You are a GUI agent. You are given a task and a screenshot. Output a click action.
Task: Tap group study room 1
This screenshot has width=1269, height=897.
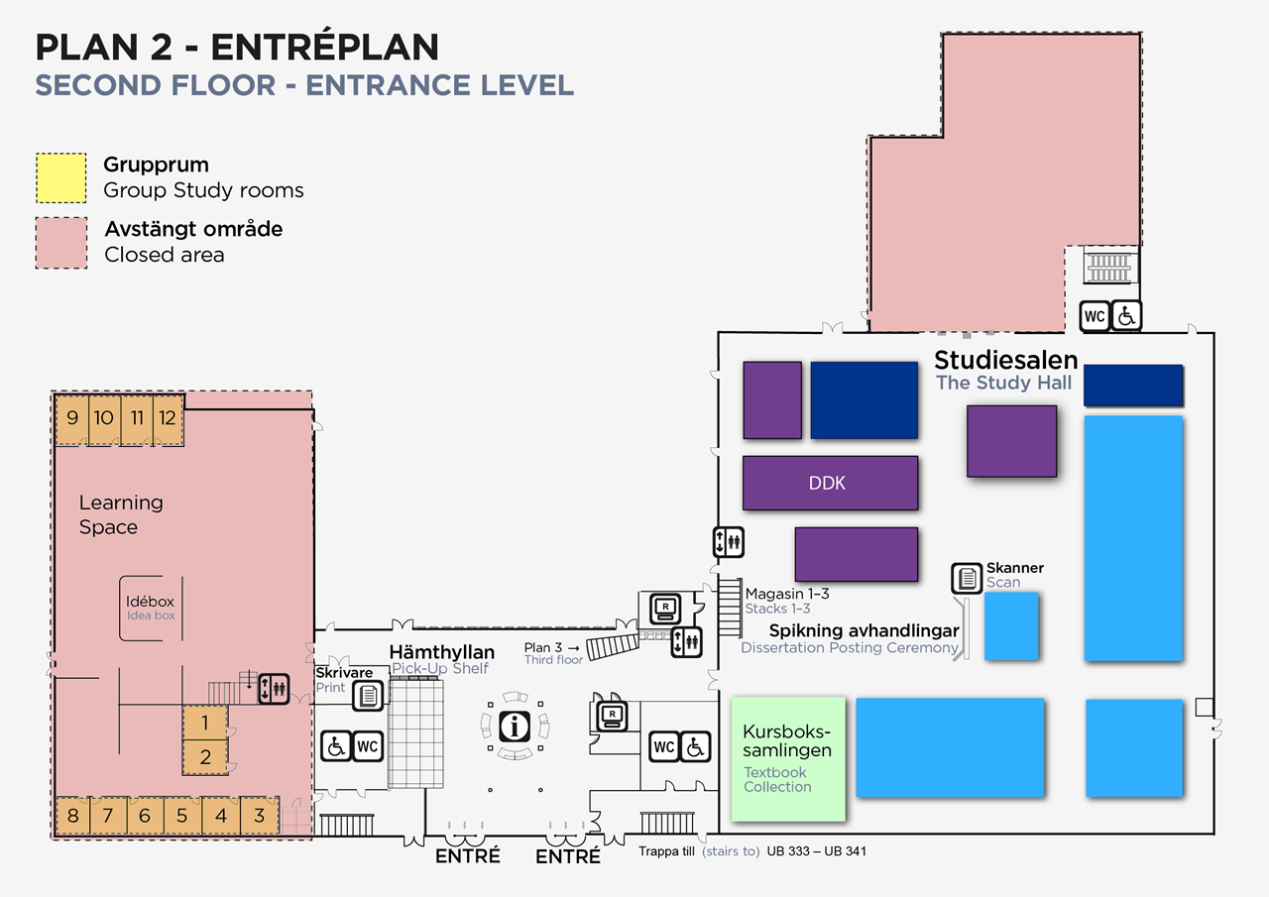coord(205,723)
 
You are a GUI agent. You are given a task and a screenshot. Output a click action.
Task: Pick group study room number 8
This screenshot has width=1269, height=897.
coord(72,817)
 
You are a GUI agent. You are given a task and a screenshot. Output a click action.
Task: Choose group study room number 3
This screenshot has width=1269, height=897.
coord(260,817)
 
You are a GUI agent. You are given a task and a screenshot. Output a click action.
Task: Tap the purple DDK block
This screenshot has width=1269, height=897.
coord(830,484)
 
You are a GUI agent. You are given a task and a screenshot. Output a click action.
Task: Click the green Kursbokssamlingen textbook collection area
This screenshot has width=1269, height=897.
coord(788,759)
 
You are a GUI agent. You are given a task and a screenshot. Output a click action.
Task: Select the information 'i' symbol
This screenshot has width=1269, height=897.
coord(515,726)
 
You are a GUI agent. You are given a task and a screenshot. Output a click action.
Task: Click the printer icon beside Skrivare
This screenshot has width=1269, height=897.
coord(369,695)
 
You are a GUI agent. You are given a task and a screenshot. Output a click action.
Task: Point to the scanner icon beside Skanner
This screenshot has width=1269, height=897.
coord(967,578)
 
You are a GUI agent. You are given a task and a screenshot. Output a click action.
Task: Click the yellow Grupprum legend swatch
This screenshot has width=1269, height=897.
coord(62,178)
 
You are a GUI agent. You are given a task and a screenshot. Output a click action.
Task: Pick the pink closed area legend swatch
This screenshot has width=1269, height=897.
coord(62,243)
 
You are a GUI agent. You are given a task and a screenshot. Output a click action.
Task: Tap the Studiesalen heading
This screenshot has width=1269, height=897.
coord(1005,360)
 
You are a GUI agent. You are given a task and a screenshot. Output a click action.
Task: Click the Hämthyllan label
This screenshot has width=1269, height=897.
coord(441,652)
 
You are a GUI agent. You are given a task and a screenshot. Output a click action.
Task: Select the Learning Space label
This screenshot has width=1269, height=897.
coord(121,514)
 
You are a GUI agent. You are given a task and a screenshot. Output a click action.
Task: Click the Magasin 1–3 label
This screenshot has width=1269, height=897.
coord(787,594)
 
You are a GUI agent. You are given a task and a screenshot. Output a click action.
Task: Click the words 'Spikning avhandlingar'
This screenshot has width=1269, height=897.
coord(864,630)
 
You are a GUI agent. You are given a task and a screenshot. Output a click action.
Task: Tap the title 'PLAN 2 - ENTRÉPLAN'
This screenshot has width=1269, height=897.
coord(237,47)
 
